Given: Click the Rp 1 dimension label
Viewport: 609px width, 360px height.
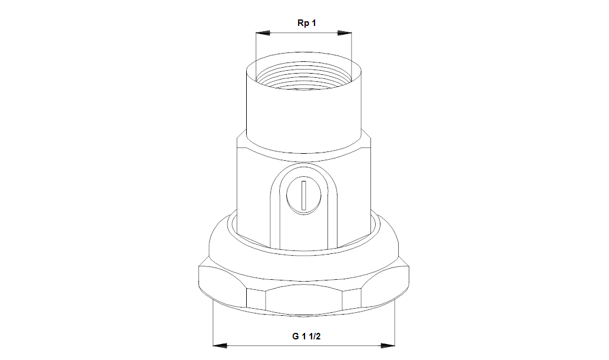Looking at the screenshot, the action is tap(306, 23).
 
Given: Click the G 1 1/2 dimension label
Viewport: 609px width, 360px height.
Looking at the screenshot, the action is tap(306, 336).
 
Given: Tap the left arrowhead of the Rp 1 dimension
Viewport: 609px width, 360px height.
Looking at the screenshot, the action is tap(263, 33).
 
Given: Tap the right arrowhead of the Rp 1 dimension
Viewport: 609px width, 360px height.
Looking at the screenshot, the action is tap(345, 33).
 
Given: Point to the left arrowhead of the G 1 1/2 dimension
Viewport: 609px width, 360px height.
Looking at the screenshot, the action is tap(220, 345).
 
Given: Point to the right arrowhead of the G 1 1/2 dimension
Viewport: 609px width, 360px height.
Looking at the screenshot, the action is tap(388, 345).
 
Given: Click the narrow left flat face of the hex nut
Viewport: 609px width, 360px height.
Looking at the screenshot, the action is tap(256, 299).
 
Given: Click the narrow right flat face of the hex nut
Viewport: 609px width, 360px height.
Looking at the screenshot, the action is tap(352, 299).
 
